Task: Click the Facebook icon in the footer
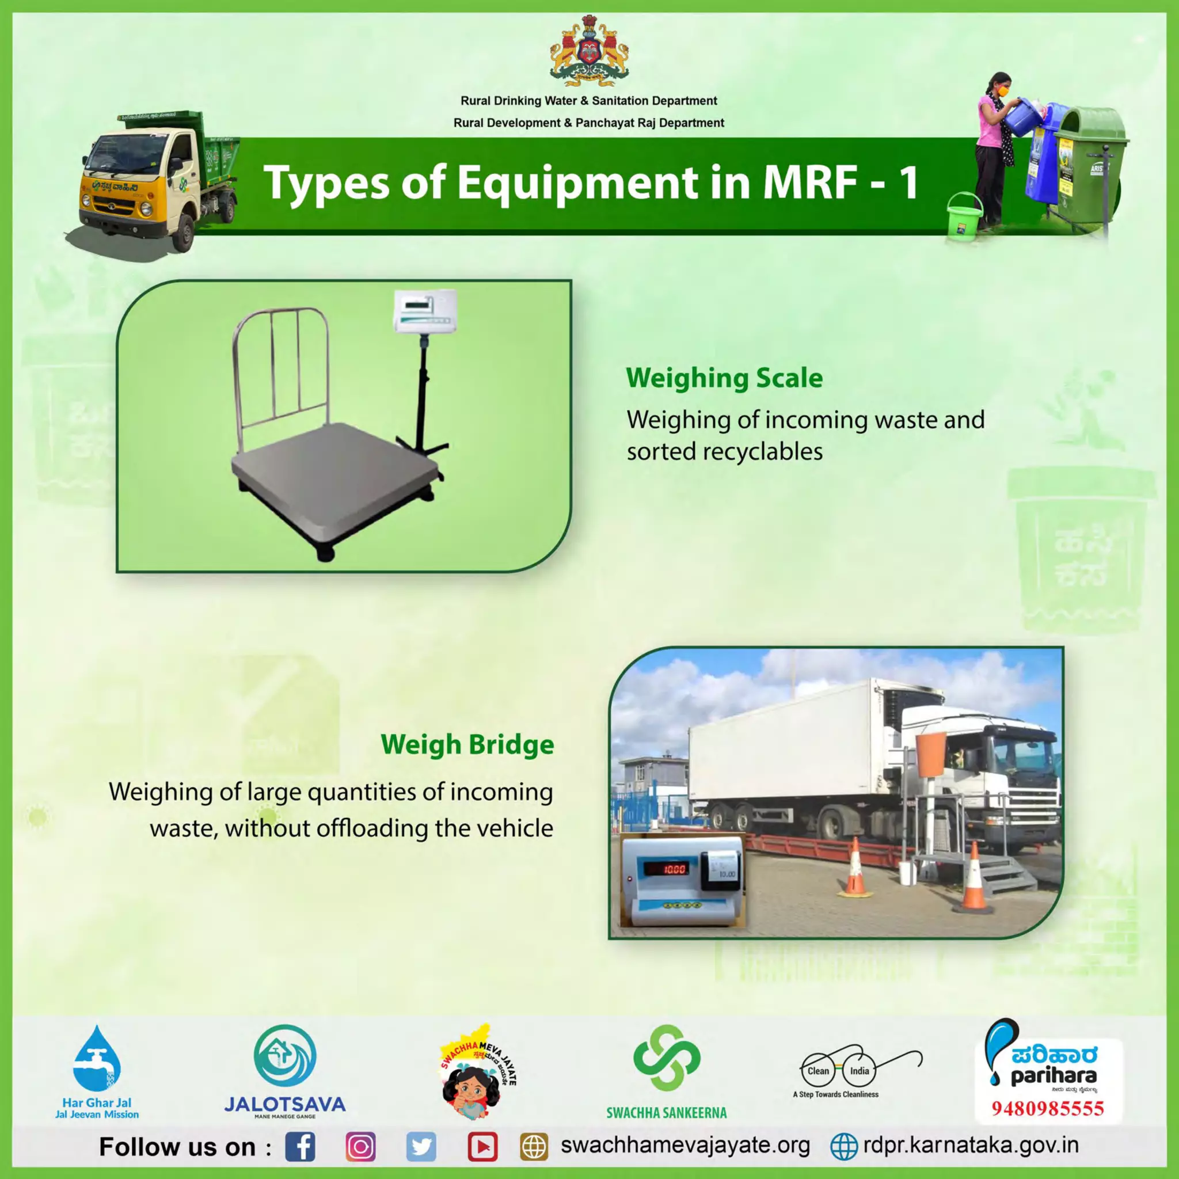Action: (301, 1147)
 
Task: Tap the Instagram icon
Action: (360, 1147)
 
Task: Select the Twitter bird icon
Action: (421, 1147)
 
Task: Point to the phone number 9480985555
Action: (1047, 1108)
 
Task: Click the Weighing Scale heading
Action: (724, 378)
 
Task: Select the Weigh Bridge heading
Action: (467, 744)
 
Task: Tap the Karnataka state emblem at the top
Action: (588, 52)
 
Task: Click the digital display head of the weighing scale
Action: (425, 310)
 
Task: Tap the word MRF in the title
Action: (810, 182)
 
